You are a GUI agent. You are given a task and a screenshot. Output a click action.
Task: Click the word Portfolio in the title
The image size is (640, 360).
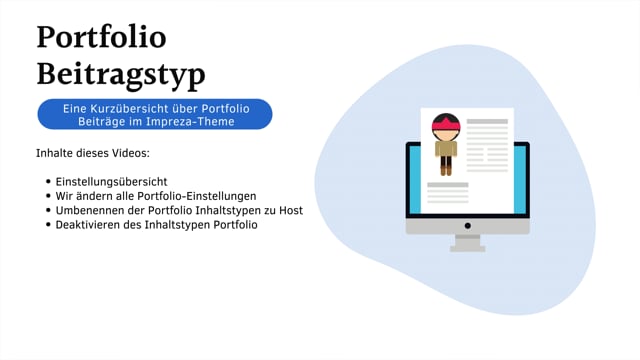tap(101, 37)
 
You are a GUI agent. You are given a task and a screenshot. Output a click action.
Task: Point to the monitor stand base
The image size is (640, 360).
tap(467, 247)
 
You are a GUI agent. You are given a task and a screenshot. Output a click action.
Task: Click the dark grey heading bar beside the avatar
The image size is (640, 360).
tap(487, 122)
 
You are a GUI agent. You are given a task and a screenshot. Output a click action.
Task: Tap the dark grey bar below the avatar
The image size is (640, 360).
tap(447, 185)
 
